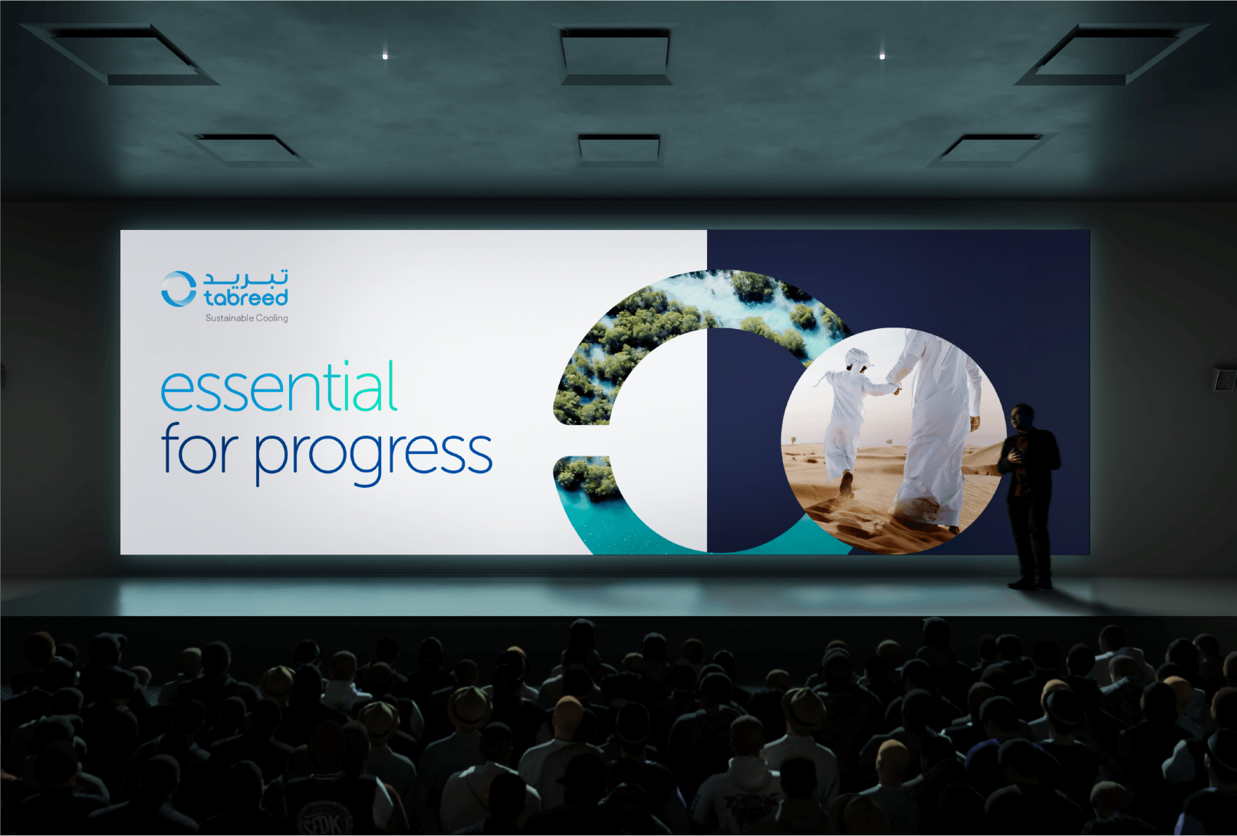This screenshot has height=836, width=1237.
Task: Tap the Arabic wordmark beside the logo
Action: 245,278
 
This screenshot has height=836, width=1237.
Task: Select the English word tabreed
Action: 245,297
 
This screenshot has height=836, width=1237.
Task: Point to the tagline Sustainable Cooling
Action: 246,318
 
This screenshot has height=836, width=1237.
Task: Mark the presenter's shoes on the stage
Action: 1031,583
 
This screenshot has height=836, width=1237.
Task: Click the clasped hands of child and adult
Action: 893,387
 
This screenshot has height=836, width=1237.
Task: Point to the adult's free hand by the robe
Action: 975,423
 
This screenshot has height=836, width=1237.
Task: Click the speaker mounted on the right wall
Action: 1225,379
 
